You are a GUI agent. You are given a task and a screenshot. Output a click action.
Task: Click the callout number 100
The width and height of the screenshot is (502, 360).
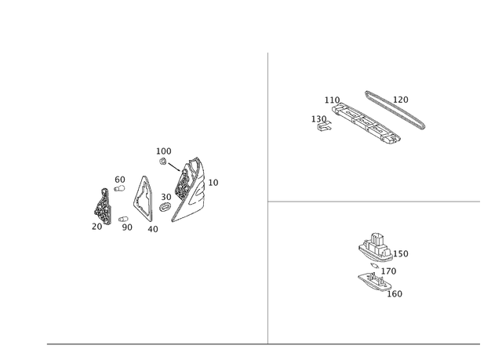164,151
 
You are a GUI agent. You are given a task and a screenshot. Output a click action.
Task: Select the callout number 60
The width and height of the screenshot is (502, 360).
120,180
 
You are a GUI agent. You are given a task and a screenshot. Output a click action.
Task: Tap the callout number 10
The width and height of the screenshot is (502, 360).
213,183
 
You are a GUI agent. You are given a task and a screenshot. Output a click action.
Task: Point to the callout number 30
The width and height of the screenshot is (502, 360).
166,197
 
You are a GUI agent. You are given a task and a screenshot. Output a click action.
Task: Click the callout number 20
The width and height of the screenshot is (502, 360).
96,226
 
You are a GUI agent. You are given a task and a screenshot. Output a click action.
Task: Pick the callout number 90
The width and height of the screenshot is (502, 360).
127,227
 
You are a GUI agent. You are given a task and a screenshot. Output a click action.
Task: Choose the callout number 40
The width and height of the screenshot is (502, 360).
153,229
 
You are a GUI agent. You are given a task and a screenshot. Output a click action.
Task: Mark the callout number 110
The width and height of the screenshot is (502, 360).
332,100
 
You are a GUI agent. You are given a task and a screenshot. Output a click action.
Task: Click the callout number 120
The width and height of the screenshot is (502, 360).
401,100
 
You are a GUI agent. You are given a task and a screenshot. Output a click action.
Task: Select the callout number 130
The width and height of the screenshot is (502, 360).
319,119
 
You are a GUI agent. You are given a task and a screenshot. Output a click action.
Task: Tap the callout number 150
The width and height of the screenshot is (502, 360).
401,254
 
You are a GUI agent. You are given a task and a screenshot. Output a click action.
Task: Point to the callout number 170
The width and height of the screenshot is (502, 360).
389,271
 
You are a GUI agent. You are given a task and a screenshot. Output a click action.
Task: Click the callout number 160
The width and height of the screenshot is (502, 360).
395,294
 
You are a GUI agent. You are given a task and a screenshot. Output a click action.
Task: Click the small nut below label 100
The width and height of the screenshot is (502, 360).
162,162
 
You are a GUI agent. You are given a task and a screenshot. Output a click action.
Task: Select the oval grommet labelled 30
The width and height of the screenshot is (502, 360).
166,207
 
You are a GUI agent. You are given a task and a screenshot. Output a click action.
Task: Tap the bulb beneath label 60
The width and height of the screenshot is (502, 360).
119,188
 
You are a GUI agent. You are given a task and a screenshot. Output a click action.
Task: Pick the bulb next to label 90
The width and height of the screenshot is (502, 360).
123,219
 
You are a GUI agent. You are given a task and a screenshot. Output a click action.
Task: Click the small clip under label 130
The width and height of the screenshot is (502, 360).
324,126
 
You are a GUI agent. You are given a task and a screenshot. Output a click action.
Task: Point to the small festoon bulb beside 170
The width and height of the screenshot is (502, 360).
374,265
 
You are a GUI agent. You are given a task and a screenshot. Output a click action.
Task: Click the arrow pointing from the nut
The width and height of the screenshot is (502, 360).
174,167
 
